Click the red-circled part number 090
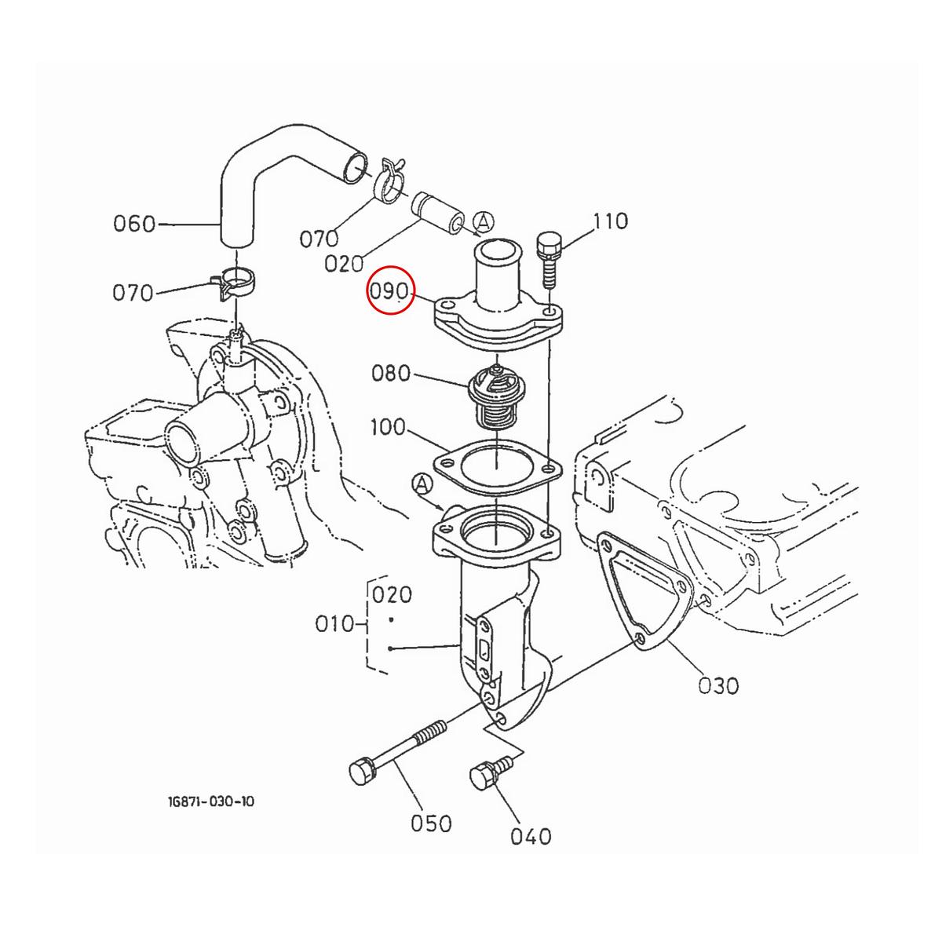pyautogui.click(x=391, y=293)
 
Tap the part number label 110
pyautogui.click(x=611, y=221)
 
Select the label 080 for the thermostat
pyautogui.click(x=391, y=373)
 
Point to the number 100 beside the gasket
pyautogui.click(x=388, y=428)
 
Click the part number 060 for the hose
pyautogui.click(x=134, y=225)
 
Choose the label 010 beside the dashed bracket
pyautogui.click(x=335, y=625)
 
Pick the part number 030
pyautogui.click(x=718, y=685)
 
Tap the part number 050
pyautogui.click(x=431, y=823)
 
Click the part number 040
pyautogui.click(x=531, y=837)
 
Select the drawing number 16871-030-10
pyautogui.click(x=210, y=801)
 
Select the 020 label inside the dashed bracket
pyautogui.click(x=392, y=594)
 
